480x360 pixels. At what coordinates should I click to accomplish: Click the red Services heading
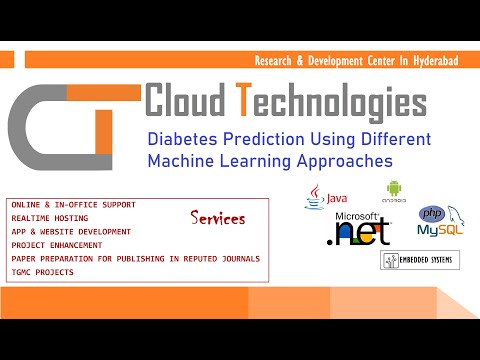216,216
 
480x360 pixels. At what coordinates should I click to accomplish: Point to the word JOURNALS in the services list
235,258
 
